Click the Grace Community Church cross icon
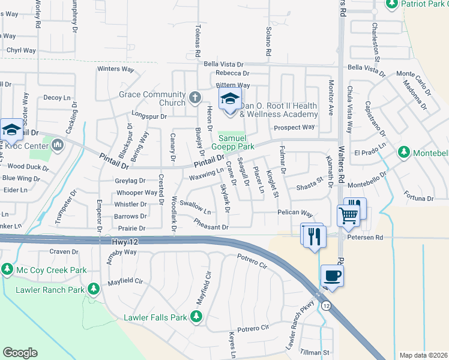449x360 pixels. click(194, 97)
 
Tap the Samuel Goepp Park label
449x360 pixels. click(232, 142)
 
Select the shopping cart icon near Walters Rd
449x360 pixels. click(348, 214)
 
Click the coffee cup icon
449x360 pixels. click(332, 276)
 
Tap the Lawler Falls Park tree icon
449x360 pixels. click(196, 316)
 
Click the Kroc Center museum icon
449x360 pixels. click(58, 145)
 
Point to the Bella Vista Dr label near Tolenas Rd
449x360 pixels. click(223, 64)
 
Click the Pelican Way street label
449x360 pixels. click(295, 213)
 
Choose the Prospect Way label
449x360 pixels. click(294, 127)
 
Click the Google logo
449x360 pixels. click(20, 353)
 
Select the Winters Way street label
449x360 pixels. click(116, 69)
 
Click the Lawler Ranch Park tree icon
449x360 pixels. click(93, 290)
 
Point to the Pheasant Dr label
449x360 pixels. click(211, 227)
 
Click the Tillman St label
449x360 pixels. click(315, 352)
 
